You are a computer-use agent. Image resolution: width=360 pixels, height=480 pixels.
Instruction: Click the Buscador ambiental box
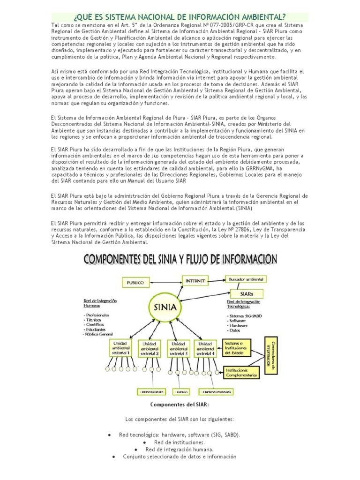[x=246, y=279]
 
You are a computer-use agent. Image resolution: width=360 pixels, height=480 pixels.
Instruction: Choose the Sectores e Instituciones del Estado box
[x=240, y=347]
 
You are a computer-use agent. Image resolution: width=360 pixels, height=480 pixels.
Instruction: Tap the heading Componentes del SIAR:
[x=180, y=404]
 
